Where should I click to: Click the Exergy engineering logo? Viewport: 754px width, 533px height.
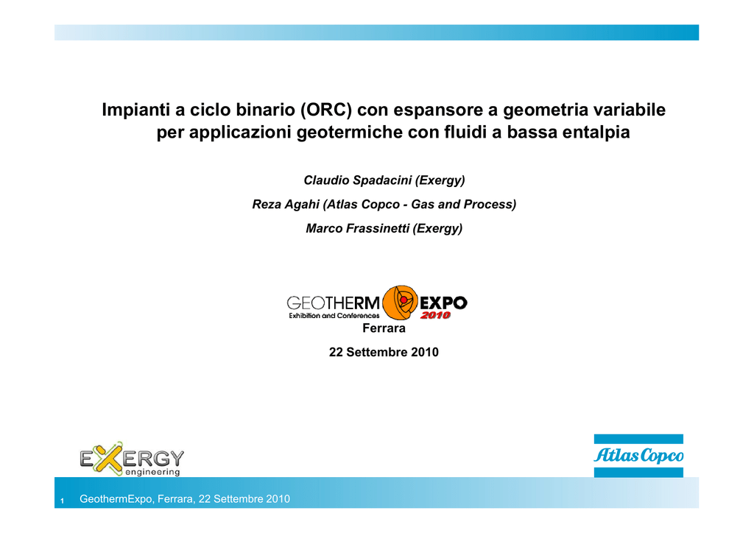[131, 459]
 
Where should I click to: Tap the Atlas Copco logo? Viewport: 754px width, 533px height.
[638, 456]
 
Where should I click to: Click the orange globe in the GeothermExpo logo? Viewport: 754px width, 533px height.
[400, 303]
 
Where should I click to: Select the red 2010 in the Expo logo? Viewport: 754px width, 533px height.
[435, 315]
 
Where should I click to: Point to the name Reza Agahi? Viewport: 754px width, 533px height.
[286, 204]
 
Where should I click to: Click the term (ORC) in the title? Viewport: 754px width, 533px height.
[326, 110]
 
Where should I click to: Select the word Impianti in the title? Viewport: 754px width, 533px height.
[136, 110]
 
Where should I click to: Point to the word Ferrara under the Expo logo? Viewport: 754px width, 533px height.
[384, 328]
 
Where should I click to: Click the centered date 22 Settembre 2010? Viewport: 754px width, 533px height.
[384, 353]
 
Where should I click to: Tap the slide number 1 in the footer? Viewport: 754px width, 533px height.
[62, 501]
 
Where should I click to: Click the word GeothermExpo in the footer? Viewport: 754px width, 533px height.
[116, 499]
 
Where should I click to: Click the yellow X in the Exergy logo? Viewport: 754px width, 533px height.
[109, 458]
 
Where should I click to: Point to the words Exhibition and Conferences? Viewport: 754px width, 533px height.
[334, 316]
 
